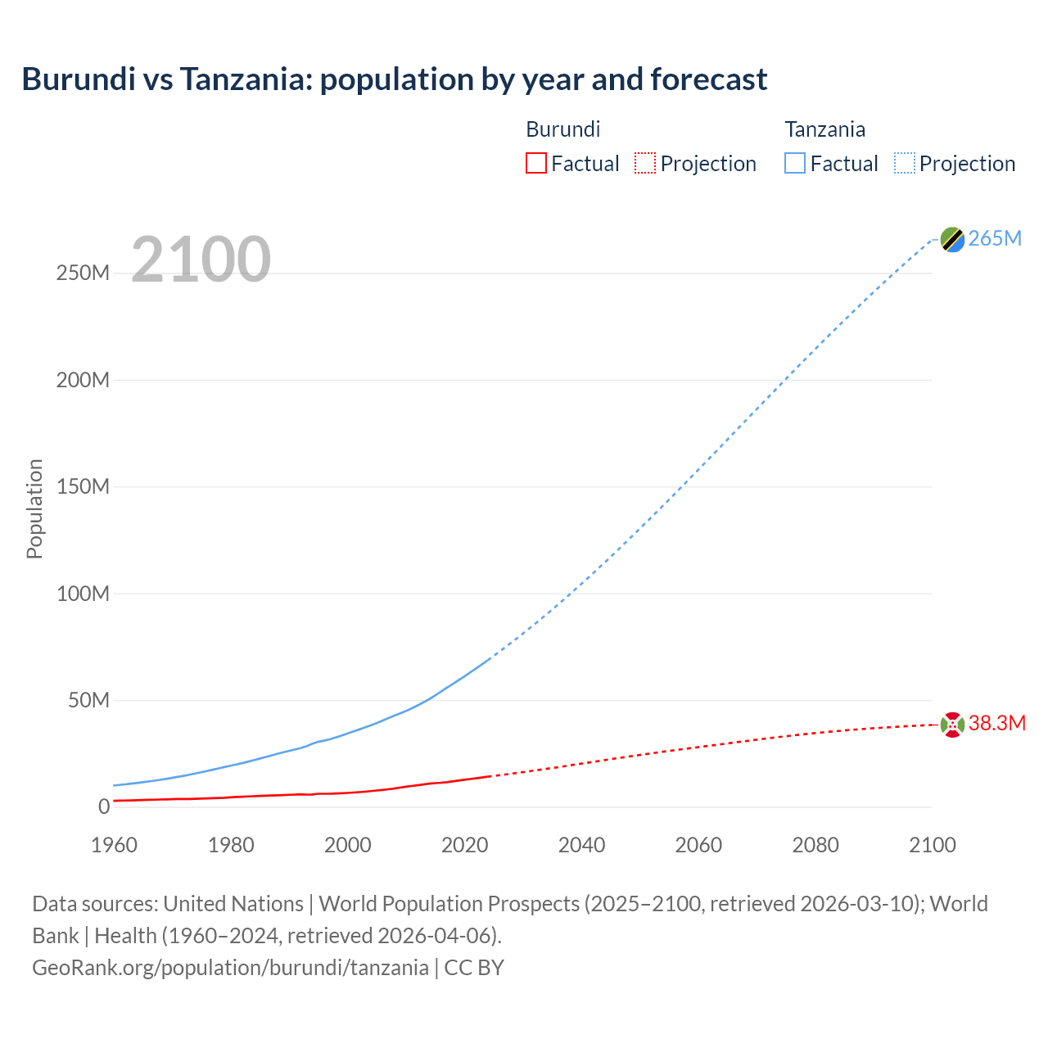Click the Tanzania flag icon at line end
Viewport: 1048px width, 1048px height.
952,239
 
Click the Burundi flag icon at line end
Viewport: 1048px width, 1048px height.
952,725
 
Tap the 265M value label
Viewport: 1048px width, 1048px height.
995,238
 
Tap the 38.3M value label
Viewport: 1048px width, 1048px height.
996,723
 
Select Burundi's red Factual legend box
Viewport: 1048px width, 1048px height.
535,163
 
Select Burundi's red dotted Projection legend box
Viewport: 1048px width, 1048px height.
645,163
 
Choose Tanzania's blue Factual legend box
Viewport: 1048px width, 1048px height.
794,163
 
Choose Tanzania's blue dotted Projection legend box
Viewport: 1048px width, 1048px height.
904,163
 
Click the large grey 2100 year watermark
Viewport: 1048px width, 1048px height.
201,260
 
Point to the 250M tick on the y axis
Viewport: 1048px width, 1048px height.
83,273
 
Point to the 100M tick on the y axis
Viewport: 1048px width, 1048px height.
83,594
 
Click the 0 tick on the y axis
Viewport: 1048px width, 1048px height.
103,806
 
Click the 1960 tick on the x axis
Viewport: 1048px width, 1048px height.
114,845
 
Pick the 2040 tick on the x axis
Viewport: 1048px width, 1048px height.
581,845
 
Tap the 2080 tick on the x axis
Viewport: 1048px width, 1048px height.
815,845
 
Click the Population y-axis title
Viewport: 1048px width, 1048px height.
34,508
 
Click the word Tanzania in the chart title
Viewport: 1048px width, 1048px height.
245,79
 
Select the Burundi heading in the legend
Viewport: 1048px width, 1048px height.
562,129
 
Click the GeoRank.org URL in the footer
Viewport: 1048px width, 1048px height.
230,967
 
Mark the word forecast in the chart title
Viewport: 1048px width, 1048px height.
709,79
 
